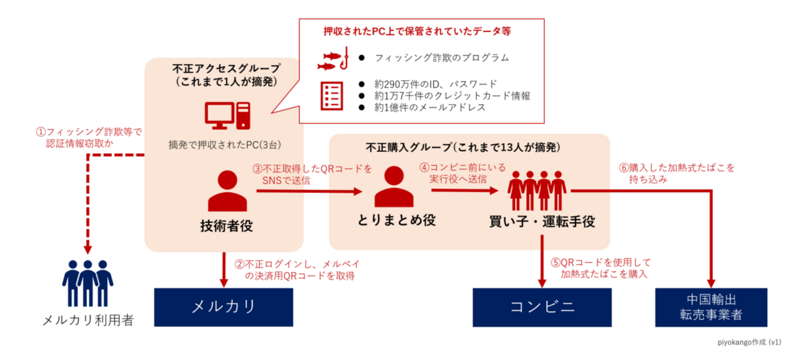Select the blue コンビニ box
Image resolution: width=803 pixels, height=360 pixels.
click(542, 306)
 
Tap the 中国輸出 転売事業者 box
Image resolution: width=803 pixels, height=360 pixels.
click(712, 306)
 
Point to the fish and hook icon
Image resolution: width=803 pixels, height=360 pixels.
click(334, 59)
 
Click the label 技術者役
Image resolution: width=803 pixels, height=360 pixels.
click(226, 226)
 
